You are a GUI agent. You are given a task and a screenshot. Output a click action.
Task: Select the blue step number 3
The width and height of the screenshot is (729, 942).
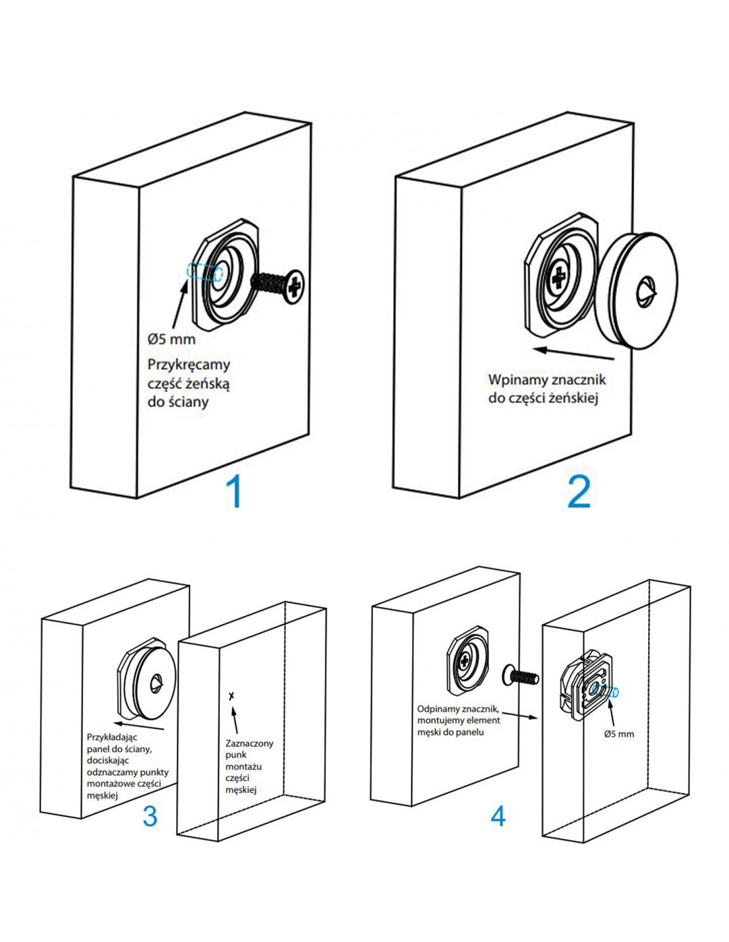[x=150, y=815]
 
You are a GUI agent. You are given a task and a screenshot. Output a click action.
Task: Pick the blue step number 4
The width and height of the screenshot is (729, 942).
[x=498, y=815]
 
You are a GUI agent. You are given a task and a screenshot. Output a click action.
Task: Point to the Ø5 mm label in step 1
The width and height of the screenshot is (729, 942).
[x=171, y=339]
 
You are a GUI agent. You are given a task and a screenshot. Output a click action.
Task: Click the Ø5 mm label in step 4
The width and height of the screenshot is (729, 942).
[x=618, y=733]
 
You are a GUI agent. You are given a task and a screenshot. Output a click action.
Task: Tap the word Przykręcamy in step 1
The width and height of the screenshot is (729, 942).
[x=189, y=364]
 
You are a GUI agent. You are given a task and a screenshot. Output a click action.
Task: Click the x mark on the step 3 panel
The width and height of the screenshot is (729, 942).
[x=231, y=696]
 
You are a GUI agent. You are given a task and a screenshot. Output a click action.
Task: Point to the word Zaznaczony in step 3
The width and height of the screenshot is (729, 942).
[x=249, y=743]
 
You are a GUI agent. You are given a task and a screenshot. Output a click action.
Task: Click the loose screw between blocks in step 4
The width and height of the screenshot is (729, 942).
[x=522, y=676]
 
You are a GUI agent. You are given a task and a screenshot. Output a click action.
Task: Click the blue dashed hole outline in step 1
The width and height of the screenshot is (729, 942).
[x=205, y=272]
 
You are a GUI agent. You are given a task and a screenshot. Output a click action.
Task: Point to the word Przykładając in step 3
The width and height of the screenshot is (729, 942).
[x=112, y=737]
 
